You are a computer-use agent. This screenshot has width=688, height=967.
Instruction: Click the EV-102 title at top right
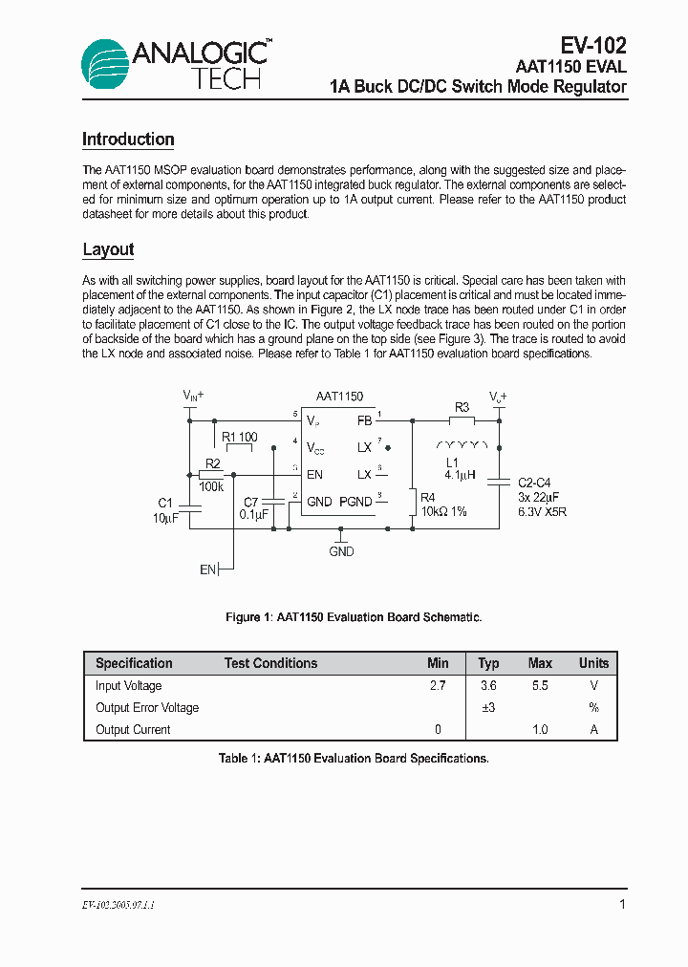[592, 45]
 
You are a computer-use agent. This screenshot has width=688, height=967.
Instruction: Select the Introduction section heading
[128, 140]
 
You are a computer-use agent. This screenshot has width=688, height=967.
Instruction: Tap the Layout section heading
[108, 249]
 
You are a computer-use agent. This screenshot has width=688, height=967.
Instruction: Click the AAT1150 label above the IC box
[339, 397]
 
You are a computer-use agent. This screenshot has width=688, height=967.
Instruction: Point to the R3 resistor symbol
[462, 419]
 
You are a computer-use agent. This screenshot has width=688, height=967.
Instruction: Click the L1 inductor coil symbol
[462, 444]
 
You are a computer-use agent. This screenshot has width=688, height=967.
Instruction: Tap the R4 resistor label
[427, 498]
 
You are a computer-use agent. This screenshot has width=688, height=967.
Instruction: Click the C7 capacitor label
[251, 502]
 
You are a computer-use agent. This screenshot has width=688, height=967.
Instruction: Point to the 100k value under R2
[211, 487]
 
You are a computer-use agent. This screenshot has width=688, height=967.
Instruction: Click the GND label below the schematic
[341, 551]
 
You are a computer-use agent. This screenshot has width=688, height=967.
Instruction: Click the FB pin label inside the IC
[364, 420]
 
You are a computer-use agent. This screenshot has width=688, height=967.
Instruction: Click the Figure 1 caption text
[354, 617]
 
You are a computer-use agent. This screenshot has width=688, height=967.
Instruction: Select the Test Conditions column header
[270, 663]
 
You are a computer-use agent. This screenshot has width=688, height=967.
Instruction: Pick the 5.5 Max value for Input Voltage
[540, 686]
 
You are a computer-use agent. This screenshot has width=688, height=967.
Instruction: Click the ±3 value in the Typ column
[488, 708]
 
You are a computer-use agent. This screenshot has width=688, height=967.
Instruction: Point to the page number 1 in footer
[622, 904]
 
